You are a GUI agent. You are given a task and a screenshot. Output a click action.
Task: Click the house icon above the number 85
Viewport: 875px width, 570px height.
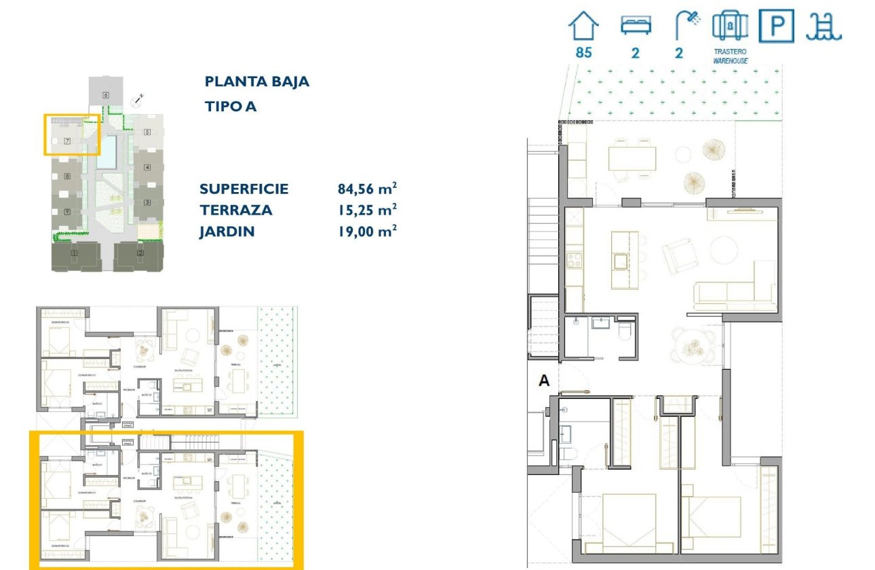583,27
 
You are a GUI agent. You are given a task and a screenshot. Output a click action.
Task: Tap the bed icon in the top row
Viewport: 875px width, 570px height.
636,26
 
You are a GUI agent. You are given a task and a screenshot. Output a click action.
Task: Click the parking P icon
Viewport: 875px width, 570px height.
776,26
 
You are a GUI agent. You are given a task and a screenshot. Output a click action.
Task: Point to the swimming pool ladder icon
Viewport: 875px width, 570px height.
823,26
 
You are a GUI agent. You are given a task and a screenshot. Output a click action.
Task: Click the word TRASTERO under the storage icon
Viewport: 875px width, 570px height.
730,52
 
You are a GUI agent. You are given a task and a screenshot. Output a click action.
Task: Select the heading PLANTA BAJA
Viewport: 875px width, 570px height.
256,81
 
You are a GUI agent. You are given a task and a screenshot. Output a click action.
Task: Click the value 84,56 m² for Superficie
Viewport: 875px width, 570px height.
367,189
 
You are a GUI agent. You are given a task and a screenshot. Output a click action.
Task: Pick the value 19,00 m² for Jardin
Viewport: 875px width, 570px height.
367,231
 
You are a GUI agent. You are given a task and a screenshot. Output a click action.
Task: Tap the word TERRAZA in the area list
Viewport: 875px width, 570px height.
235,210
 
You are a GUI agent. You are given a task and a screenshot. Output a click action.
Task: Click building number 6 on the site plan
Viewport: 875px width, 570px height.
106,95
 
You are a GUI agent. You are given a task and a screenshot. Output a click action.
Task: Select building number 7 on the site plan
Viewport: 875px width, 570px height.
67,141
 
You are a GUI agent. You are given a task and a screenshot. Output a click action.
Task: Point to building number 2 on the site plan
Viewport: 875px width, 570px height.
140,253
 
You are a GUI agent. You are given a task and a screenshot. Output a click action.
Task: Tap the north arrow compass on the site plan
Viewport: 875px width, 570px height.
139,99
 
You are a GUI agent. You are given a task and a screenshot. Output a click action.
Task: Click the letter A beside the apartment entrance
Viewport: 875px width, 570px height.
543,381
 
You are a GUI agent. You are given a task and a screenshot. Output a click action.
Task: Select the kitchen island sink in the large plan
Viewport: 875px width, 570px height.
620,260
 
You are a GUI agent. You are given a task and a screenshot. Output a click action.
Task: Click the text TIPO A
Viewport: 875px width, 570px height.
231,107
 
